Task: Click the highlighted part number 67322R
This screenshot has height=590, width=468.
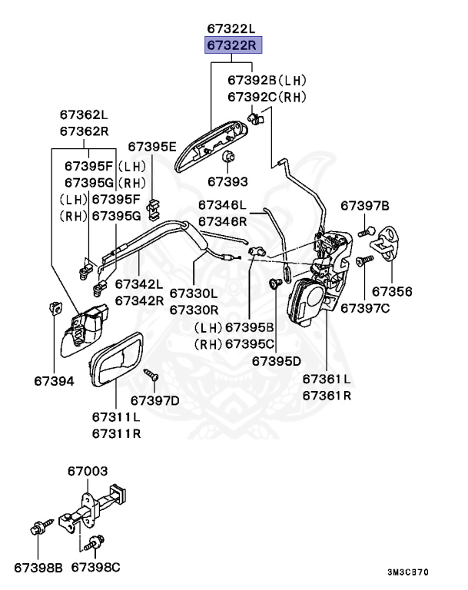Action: pos(233,45)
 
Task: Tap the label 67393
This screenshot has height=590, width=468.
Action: pos(227,182)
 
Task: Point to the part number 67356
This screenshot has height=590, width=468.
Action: pos(392,292)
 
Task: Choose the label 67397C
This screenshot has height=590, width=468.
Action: pos(365,307)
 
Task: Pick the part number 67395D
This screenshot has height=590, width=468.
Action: pos(277,360)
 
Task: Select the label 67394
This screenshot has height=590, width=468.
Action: pos(54,380)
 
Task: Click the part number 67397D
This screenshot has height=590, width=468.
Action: pos(154,399)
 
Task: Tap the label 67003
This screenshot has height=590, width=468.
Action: pos(87,471)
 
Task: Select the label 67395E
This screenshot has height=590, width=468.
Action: pos(152,146)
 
